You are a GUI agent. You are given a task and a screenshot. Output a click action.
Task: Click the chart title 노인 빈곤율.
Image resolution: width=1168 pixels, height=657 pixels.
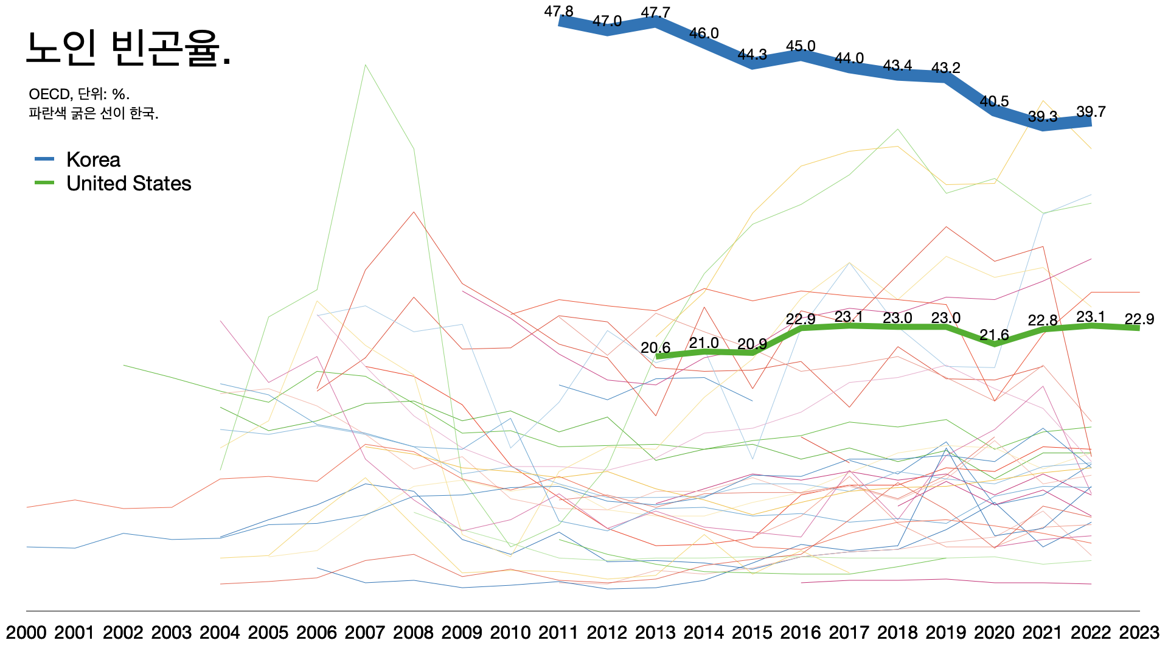[x=128, y=49]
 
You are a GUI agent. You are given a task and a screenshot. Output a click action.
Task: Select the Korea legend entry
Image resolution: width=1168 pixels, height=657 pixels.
[x=93, y=159]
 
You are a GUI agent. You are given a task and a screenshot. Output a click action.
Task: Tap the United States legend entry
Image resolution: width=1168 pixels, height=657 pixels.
[x=128, y=183]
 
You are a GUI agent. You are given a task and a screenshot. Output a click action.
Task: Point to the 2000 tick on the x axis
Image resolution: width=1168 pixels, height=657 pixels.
[x=26, y=633]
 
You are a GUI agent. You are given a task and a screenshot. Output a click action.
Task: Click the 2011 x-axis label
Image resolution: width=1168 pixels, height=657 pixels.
[x=558, y=633]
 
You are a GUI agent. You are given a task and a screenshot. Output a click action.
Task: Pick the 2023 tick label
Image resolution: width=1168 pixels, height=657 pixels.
[x=1139, y=633]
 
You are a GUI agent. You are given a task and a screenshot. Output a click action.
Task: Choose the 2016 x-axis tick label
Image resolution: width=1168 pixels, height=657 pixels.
[x=801, y=633]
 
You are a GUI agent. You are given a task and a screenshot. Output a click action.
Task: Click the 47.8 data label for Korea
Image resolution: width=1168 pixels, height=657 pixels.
[x=558, y=12]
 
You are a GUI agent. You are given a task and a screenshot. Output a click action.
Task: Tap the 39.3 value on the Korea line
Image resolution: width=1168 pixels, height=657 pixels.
[x=1043, y=116]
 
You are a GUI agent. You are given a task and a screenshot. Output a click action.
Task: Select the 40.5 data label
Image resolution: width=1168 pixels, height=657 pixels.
[x=994, y=101]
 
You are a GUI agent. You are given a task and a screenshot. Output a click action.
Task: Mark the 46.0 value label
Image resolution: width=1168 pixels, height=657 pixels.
[x=704, y=33]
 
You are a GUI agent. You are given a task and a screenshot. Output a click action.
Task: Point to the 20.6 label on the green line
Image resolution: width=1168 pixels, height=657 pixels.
[x=655, y=348]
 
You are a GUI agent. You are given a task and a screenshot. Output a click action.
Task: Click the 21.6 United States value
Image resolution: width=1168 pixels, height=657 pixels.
[x=994, y=335]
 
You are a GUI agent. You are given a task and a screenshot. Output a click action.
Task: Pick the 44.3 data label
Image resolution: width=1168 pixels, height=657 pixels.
[x=753, y=55]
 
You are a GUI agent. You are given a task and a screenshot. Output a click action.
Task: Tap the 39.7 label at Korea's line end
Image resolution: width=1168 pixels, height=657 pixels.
[x=1091, y=112]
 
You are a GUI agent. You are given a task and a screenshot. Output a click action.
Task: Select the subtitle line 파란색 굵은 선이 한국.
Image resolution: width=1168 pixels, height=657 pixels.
[x=93, y=114]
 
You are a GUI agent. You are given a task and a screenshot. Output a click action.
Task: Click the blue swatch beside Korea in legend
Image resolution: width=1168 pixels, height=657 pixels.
[x=44, y=159]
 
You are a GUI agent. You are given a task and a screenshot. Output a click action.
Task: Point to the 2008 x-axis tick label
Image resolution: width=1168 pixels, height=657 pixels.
[x=413, y=633]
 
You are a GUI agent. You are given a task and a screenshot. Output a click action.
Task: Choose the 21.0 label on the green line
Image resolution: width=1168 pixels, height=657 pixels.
[x=704, y=343]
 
